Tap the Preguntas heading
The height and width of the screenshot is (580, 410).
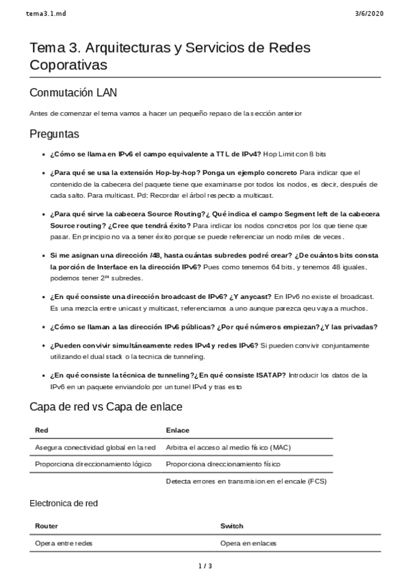point(54,133)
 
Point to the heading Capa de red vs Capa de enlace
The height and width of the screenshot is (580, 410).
point(105,407)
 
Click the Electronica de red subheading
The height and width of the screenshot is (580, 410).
point(64,503)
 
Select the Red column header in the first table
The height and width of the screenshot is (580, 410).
point(40,430)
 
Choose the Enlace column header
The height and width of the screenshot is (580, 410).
point(177,430)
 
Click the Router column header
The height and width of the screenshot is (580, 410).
point(46,526)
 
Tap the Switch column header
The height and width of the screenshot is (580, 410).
point(231,526)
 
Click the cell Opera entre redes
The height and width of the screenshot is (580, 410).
point(64,543)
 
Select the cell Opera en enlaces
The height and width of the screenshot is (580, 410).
point(248,543)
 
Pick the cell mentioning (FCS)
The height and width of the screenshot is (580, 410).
point(246,481)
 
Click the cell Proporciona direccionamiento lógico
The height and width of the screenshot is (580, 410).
point(93,464)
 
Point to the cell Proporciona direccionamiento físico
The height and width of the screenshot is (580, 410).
point(223,464)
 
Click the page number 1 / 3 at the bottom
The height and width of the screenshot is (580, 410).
point(205,566)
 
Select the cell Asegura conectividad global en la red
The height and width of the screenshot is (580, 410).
point(94,447)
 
